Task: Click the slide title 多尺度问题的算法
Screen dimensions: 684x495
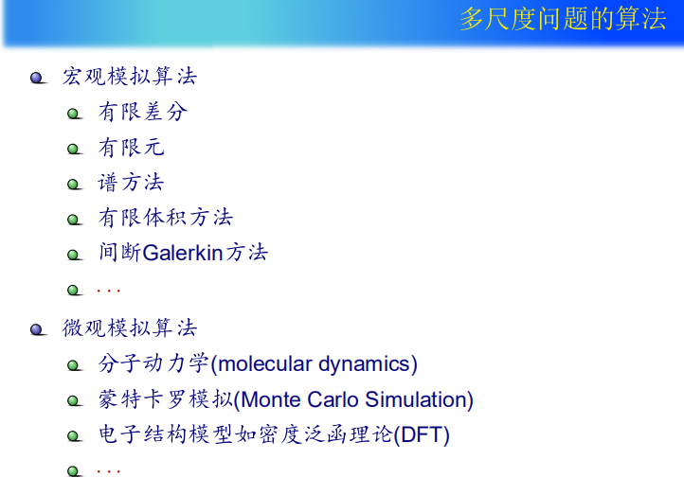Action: tap(563, 19)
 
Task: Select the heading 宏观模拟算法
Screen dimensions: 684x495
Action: tap(130, 76)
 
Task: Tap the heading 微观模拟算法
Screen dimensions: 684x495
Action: tap(130, 327)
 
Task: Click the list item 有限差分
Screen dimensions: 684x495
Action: tap(143, 112)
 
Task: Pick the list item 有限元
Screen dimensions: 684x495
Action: tap(132, 148)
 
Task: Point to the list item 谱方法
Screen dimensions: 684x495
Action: tap(131, 182)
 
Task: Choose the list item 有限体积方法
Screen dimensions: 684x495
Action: tap(166, 218)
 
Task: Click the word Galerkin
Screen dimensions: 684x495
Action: tap(183, 253)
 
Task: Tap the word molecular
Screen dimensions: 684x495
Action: tap(264, 363)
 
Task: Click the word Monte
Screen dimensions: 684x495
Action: tap(270, 399)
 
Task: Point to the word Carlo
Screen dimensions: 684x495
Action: tap(333, 399)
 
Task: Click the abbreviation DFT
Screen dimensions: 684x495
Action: tap(422, 434)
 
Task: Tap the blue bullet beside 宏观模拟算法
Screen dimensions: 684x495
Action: tap(38, 78)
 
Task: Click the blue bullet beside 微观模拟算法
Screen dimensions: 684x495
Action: tap(38, 330)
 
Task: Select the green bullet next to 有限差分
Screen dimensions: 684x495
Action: tap(74, 114)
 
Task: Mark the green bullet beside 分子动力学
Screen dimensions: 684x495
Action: tap(74, 365)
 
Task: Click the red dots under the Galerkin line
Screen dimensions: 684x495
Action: tap(108, 291)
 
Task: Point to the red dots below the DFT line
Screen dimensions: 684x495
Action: tap(108, 471)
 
